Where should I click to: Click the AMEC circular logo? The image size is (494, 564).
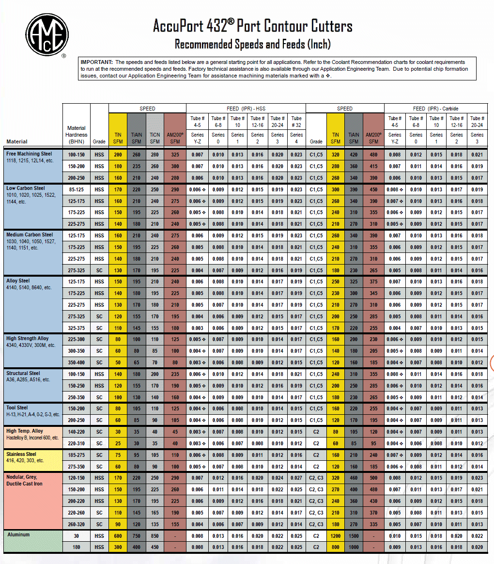click(46, 33)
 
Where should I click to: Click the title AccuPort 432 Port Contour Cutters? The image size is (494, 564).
click(252, 25)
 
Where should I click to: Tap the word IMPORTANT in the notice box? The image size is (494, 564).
click(96, 62)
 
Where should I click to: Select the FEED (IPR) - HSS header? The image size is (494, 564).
click(246, 109)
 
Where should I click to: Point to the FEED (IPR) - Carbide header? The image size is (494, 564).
click(436, 109)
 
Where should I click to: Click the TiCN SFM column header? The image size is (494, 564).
click(154, 138)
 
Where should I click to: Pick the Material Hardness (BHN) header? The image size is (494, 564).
click(77, 134)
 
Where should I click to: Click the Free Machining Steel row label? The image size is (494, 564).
click(29, 154)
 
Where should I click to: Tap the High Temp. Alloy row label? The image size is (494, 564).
click(24, 431)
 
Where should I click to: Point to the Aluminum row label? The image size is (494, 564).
click(18, 534)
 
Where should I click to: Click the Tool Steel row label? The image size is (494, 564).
click(17, 408)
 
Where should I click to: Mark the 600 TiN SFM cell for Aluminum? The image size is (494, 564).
click(118, 535)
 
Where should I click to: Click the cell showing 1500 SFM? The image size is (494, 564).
click(354, 535)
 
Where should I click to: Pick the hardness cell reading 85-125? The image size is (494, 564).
click(77, 189)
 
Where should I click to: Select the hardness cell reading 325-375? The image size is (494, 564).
click(77, 328)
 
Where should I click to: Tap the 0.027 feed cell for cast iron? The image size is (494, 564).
click(297, 478)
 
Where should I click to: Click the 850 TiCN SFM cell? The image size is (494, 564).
click(154, 535)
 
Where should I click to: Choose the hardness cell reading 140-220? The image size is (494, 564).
click(77, 432)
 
